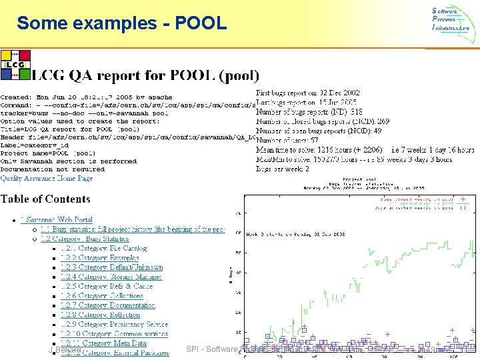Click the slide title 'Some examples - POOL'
[121, 23]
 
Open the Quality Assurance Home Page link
[47, 178]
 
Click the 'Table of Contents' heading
[45, 199]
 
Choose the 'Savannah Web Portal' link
[59, 219]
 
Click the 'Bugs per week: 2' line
[283, 169]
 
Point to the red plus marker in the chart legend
[463, 199]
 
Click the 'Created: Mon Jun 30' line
[87, 97]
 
